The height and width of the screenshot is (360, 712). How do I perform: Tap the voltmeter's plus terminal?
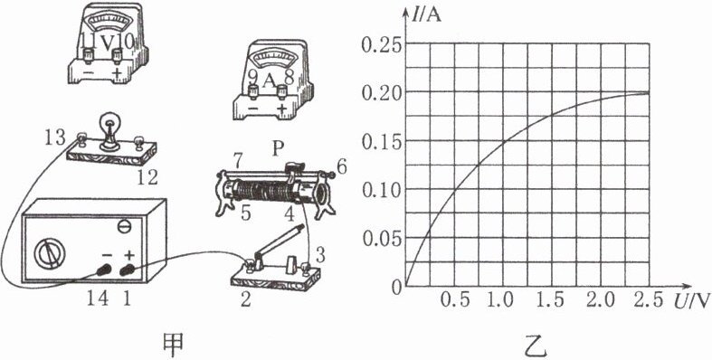click(118, 57)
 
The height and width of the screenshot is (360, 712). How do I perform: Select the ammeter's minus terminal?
click(253, 93)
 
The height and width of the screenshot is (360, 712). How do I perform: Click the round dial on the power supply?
click(52, 254)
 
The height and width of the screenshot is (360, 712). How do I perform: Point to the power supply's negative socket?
click(105, 270)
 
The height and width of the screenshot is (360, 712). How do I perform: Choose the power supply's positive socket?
click(128, 270)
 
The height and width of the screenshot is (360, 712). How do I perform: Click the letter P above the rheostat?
click(278, 149)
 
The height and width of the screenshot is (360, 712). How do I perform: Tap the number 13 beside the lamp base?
click(55, 138)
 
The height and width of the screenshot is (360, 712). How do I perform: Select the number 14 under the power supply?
click(98, 298)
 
